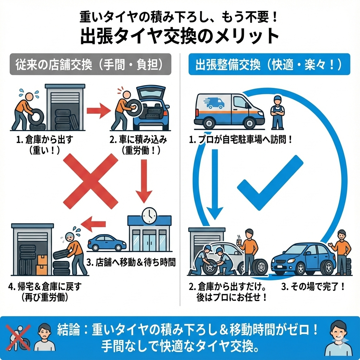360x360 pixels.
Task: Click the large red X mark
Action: point(90,181)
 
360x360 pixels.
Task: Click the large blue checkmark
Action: point(270,182)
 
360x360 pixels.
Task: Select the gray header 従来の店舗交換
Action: point(90,64)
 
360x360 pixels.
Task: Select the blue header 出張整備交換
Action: point(269,64)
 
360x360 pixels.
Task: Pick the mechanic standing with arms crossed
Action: point(277,113)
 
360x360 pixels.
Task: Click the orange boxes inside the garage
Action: point(41,265)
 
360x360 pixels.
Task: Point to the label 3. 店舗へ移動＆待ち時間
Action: point(131,262)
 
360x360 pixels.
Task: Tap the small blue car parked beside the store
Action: point(107,243)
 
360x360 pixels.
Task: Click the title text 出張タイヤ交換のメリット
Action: point(180,36)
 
